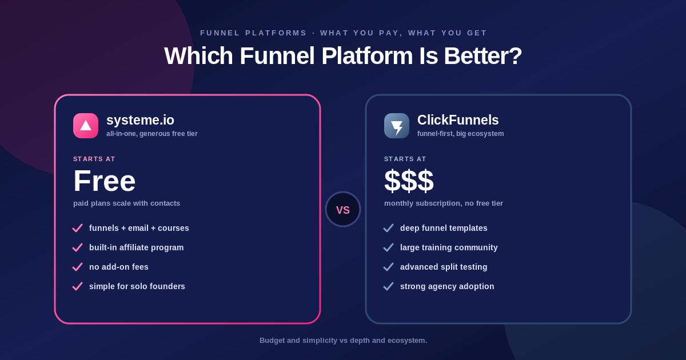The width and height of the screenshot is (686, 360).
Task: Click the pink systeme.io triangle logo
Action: tap(86, 126)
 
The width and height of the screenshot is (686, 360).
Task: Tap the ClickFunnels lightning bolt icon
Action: tap(397, 126)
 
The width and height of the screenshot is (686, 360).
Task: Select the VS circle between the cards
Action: tap(343, 209)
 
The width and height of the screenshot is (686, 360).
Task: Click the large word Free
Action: tap(105, 181)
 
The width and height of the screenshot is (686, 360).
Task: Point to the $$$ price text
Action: tap(409, 181)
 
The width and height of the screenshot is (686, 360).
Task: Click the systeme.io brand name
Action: tap(140, 120)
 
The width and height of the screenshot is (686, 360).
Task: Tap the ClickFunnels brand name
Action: tap(458, 120)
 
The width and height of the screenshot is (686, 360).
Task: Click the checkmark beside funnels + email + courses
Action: tap(78, 228)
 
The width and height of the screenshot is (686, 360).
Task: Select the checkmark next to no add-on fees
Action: tap(78, 267)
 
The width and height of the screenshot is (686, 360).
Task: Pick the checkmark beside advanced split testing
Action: tap(388, 267)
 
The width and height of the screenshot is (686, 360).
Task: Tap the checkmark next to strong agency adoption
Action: tap(388, 286)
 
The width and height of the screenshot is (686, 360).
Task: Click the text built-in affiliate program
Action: tap(136, 247)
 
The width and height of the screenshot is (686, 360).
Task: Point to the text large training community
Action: tap(449, 247)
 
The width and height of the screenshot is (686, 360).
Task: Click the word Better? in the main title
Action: tap(482, 56)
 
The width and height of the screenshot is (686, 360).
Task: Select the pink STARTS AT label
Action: tap(94, 159)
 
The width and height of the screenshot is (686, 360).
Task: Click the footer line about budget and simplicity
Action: tap(344, 341)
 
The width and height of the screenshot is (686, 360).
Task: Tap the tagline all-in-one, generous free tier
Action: tap(152, 134)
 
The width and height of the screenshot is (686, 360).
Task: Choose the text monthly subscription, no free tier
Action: tap(444, 203)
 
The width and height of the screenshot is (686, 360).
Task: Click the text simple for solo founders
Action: tap(137, 286)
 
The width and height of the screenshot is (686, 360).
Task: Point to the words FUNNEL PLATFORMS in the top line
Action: tap(253, 33)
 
